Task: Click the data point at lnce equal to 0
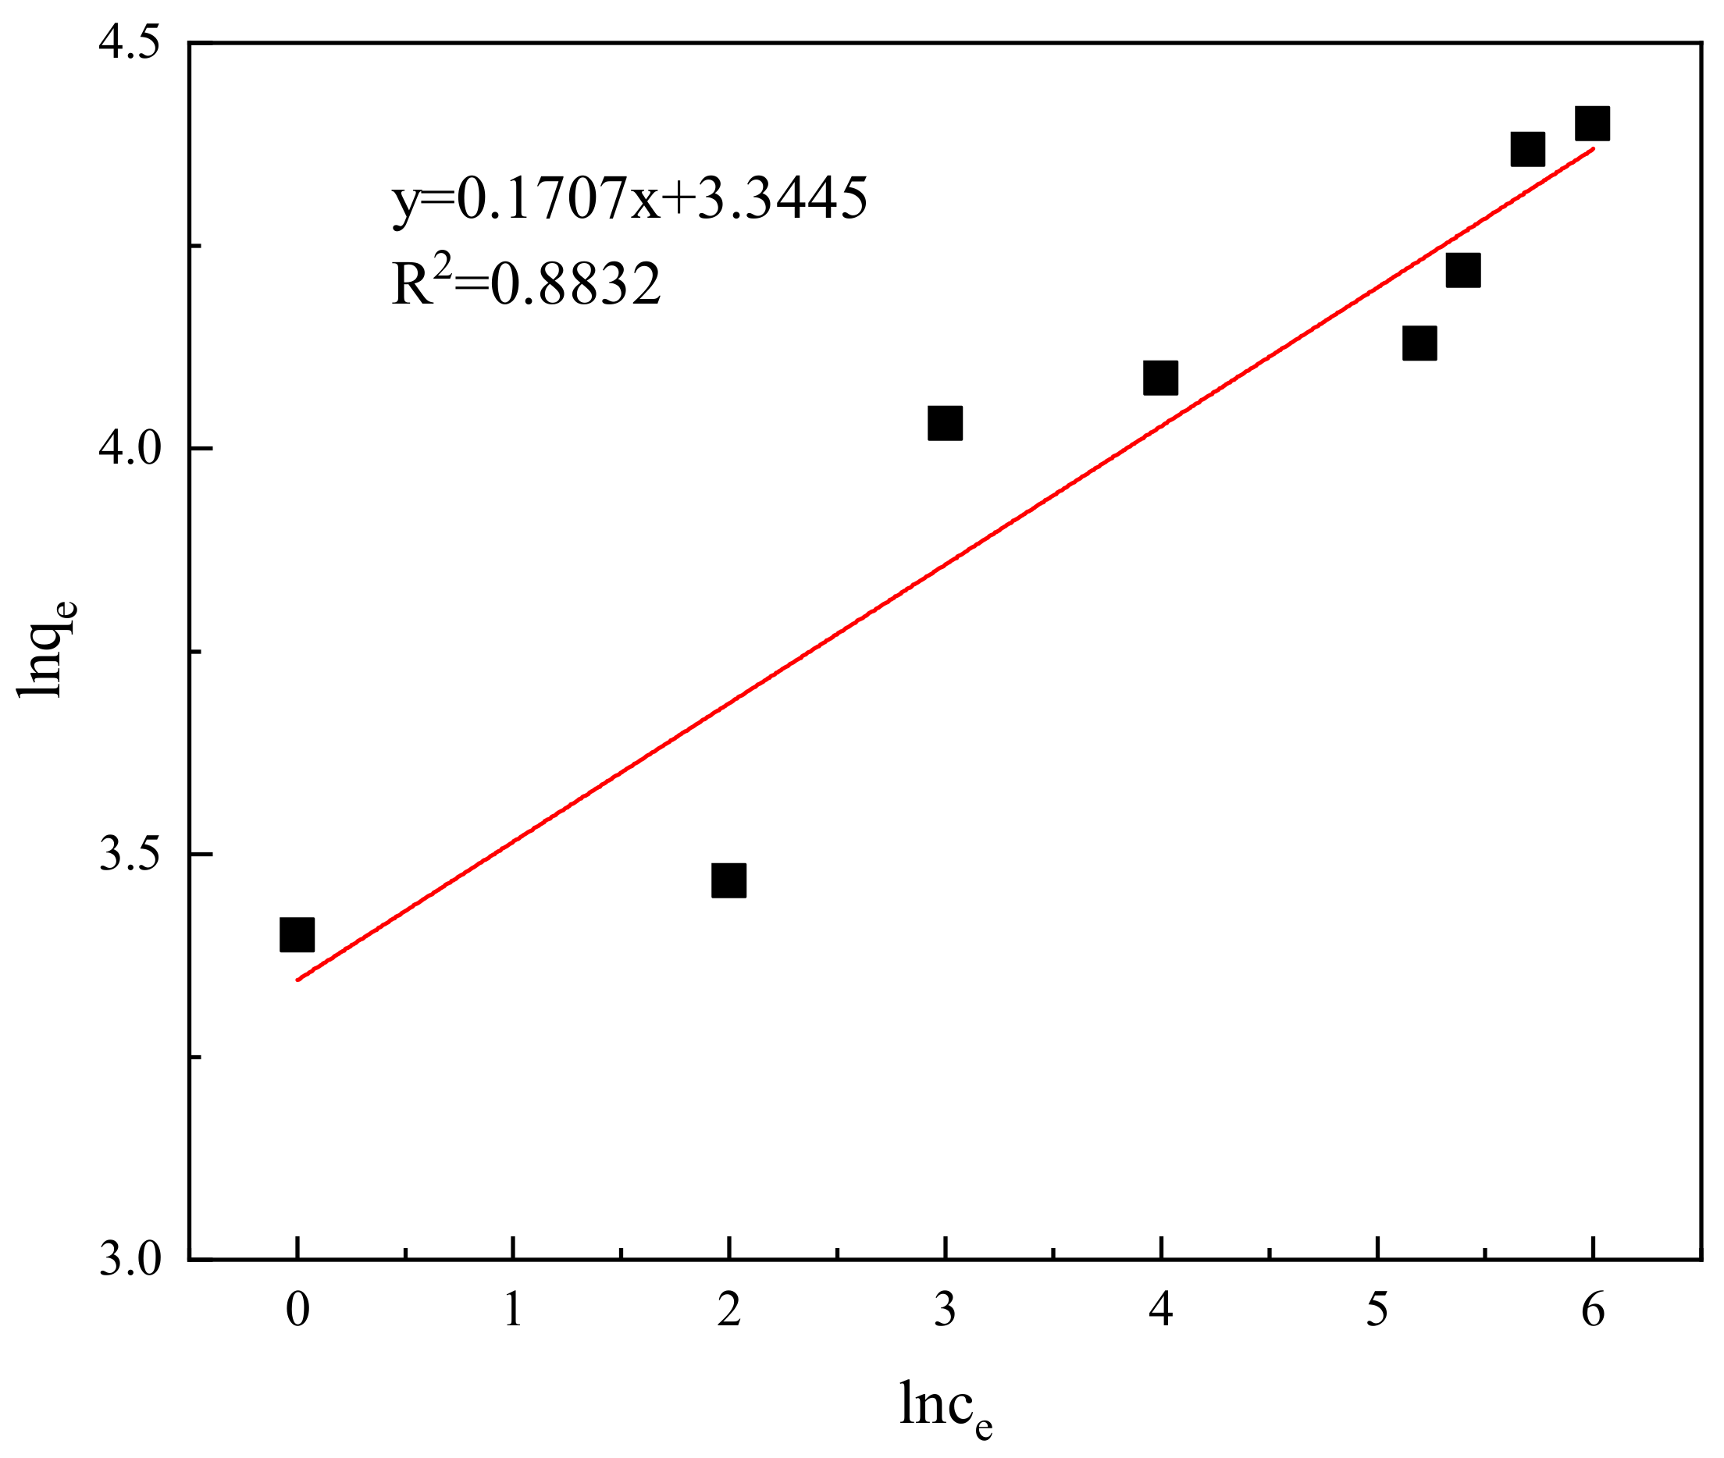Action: [x=297, y=935]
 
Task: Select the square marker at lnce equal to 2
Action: [x=728, y=881]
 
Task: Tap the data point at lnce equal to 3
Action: [x=945, y=423]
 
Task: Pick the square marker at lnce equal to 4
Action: [x=1161, y=378]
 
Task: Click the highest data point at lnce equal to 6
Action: [x=1593, y=123]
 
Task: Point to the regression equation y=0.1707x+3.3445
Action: [x=630, y=198]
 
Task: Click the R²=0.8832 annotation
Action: [x=527, y=283]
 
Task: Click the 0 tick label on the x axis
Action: [x=297, y=1310]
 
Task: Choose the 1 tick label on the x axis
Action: [x=514, y=1310]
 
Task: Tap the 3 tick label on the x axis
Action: [x=945, y=1310]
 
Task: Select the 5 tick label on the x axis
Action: [x=1377, y=1310]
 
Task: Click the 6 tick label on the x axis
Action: [x=1594, y=1310]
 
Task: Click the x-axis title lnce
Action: [x=945, y=1406]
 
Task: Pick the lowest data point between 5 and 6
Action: [x=1419, y=342]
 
